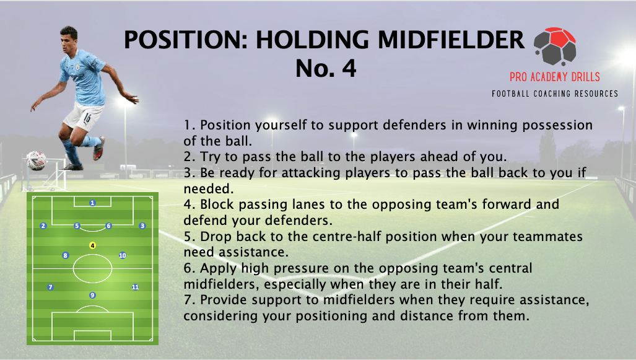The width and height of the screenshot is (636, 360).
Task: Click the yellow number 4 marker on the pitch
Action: [x=92, y=245]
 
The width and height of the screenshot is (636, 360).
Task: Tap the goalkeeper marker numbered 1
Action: [x=92, y=203]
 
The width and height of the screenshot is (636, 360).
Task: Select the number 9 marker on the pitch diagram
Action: [x=92, y=295]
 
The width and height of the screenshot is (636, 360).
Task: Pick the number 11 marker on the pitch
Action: [x=135, y=287]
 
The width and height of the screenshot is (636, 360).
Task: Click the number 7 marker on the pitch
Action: [x=50, y=287]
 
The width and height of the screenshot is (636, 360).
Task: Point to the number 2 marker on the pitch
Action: [x=43, y=226]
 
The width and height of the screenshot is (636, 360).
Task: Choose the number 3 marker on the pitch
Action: [x=142, y=226]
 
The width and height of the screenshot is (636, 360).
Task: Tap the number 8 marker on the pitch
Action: [x=65, y=255]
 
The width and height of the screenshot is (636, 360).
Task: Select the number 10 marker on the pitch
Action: [x=122, y=255]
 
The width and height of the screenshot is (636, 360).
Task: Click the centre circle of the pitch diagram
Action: [x=92, y=269]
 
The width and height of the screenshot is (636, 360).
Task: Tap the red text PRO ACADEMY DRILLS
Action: [x=555, y=77]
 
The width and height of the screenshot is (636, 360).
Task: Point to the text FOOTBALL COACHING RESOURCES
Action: [x=555, y=94]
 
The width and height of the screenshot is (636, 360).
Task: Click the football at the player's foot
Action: [x=36, y=160]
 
